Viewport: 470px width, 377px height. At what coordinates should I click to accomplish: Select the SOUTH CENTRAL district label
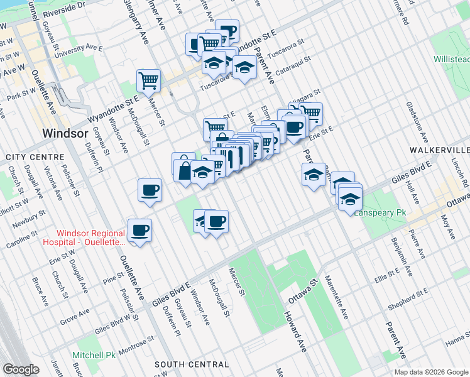click(191, 364)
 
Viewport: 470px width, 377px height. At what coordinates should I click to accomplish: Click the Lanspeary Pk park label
click(381, 213)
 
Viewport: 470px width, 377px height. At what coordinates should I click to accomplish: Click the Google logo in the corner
click(21, 369)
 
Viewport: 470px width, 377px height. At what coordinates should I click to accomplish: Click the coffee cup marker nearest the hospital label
click(139, 229)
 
